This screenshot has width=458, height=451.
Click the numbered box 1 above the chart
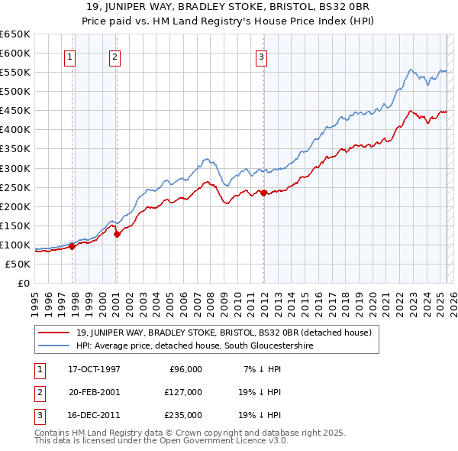coord(69,56)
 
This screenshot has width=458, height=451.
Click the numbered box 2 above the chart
coord(114,56)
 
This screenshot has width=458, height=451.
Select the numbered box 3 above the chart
coord(261,56)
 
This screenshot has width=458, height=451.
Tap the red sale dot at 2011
coord(263,193)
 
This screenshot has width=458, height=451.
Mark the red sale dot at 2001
coord(118,235)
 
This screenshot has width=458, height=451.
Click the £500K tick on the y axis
coord(15,91)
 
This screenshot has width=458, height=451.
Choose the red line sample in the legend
coord(55,333)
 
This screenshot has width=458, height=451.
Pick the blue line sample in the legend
coord(55,346)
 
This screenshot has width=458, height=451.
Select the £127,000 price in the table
coord(182,392)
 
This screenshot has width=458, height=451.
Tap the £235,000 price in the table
coord(182,415)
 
